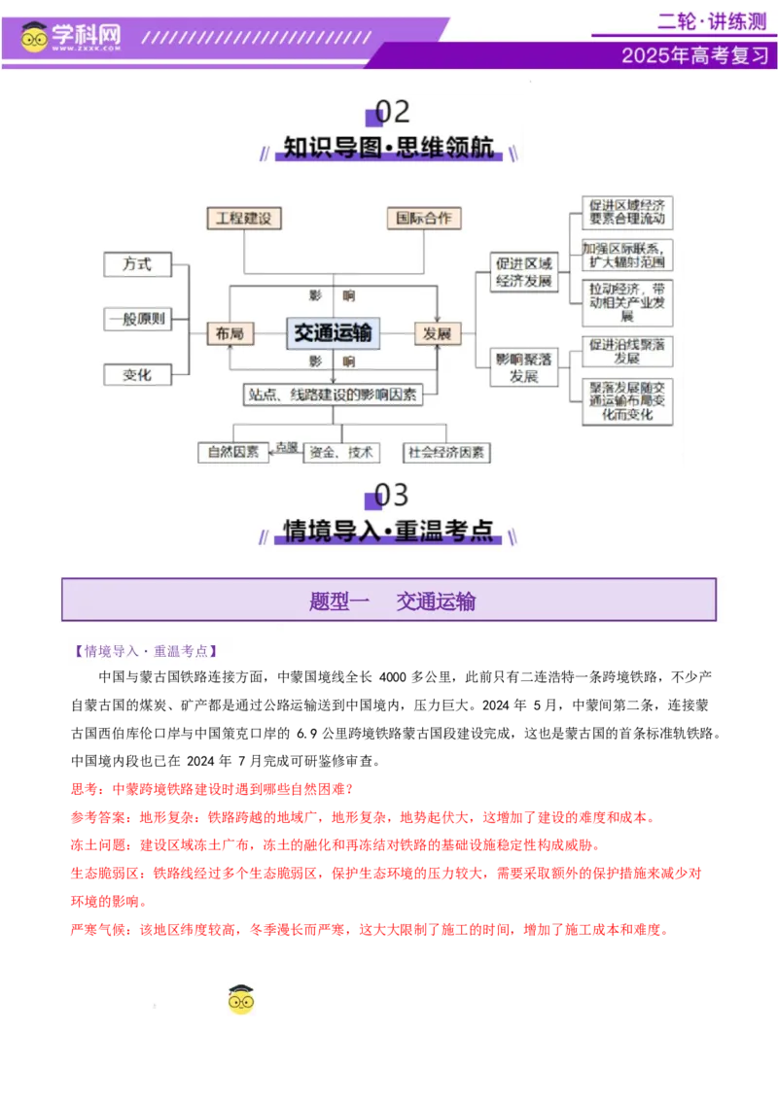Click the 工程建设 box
tap(244, 218)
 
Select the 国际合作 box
tap(423, 218)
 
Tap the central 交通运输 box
tap(333, 333)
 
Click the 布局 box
tap(230, 333)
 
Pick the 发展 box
tap(437, 333)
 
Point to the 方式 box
tap(137, 264)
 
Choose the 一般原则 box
tap(137, 319)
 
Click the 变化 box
tap(137, 374)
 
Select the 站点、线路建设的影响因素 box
tap(333, 394)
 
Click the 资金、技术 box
tap(340, 452)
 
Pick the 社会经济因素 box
tap(447, 452)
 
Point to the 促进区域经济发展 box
tap(524, 273)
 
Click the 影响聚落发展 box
tap(524, 367)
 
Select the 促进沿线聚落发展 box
tap(627, 351)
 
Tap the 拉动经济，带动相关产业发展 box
tap(627, 302)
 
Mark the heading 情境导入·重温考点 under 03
tap(389, 531)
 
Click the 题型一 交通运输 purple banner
tap(389, 601)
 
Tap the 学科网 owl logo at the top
tap(35, 37)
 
